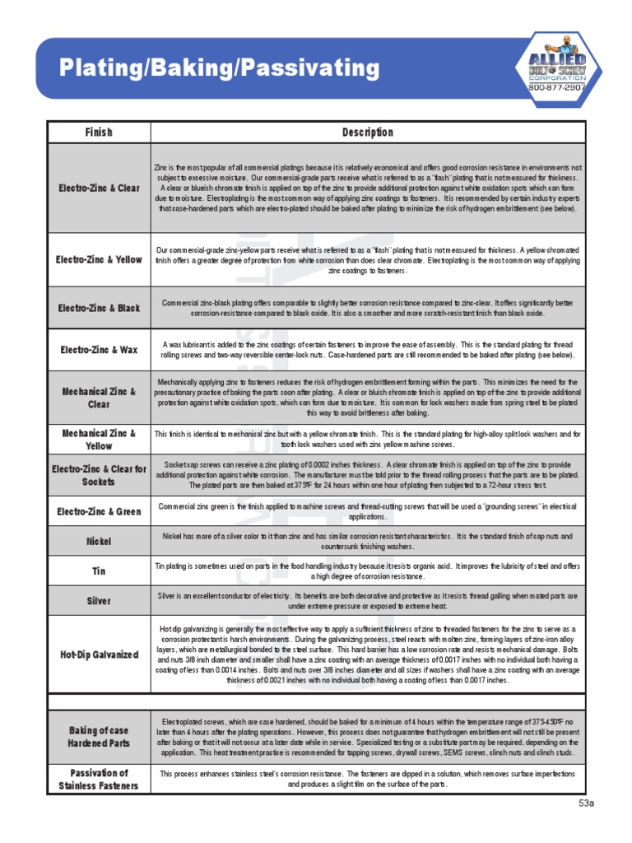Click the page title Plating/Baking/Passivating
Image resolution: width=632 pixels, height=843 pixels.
[220, 68]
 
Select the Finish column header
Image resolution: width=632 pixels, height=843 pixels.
[99, 133]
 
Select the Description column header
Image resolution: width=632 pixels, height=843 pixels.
[367, 133]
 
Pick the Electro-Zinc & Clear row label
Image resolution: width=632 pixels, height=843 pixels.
[99, 189]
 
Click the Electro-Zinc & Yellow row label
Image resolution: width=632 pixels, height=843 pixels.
[99, 259]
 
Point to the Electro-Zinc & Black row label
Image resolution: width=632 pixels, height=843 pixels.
[99, 308]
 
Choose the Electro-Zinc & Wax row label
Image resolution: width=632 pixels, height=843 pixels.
[99, 350]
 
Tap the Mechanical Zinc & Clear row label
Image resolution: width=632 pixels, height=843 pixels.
[99, 398]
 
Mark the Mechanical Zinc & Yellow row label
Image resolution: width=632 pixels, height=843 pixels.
[99, 439]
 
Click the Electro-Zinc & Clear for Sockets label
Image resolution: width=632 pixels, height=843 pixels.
[99, 475]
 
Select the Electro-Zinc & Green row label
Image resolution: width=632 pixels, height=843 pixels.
[99, 511]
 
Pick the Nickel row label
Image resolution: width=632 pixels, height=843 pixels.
[99, 542]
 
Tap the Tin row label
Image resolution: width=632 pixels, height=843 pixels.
[99, 571]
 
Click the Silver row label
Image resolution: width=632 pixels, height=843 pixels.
[99, 600]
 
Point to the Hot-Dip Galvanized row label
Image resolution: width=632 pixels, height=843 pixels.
[99, 654]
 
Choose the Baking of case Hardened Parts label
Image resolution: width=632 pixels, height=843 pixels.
[99, 737]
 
